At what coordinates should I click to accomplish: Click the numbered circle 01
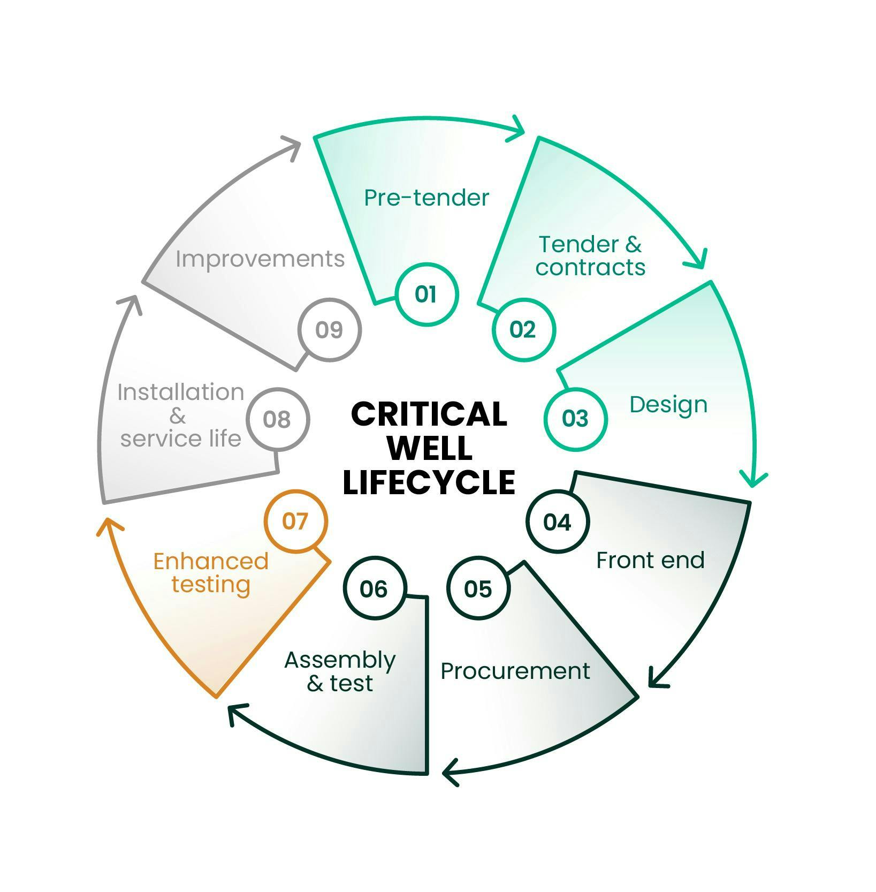coord(427,294)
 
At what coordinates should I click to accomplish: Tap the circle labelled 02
coord(523,329)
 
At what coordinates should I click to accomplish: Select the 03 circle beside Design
coord(575,418)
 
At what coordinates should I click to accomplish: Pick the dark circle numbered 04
coord(558,521)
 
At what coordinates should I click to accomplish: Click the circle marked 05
coord(478,588)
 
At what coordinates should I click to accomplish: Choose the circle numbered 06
coord(374,588)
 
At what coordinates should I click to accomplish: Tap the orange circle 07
coord(295,521)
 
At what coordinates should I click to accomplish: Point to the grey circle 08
coord(277,419)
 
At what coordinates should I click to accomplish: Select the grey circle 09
coord(329,329)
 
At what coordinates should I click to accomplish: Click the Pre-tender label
coord(426,198)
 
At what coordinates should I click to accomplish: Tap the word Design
coord(668,405)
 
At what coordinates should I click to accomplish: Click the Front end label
coord(650,561)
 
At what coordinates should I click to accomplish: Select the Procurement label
coord(515,671)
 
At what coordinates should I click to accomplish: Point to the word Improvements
coord(260,259)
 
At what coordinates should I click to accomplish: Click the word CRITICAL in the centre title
coord(429,414)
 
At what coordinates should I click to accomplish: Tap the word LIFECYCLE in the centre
coord(429,482)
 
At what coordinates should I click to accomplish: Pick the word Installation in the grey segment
coord(181,392)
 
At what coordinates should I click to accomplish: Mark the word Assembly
coord(340,660)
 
